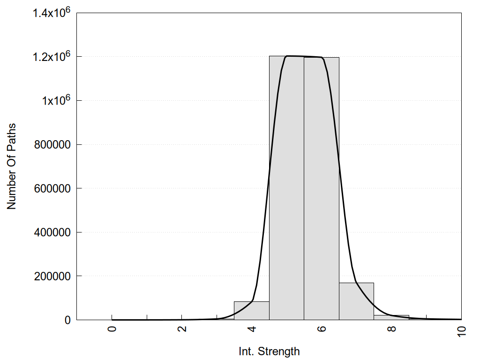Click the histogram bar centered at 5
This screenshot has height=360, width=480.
(x=286, y=187)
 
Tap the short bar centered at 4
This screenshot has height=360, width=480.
(x=251, y=311)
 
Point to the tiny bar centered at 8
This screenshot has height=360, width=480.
(x=391, y=317)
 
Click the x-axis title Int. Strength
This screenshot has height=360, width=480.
(x=269, y=351)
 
